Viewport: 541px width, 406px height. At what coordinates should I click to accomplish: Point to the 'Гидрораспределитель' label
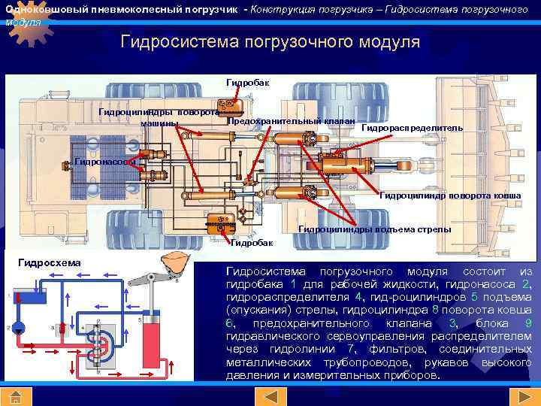tap(412, 129)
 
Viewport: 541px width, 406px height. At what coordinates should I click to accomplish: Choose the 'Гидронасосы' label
tap(105, 162)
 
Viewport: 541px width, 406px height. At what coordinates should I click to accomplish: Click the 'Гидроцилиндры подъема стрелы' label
tap(375, 229)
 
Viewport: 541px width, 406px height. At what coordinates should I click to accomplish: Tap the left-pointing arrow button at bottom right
tap(494, 397)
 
